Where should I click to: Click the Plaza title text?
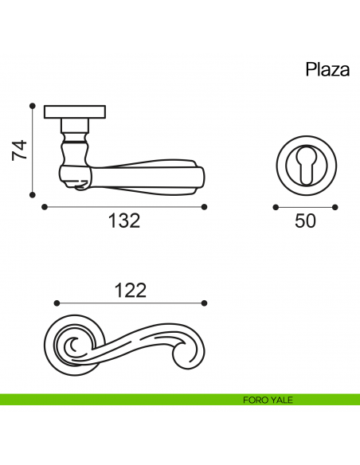(x=327, y=70)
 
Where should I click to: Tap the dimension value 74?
(x=19, y=150)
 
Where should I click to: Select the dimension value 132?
(x=124, y=221)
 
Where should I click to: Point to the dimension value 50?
(x=305, y=221)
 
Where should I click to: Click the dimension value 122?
(x=131, y=291)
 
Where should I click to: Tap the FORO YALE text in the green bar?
(x=268, y=400)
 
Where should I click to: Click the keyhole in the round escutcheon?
(x=307, y=166)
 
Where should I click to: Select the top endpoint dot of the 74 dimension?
(x=33, y=106)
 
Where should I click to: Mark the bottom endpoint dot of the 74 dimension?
(x=33, y=195)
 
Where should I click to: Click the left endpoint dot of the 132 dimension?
(x=45, y=207)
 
